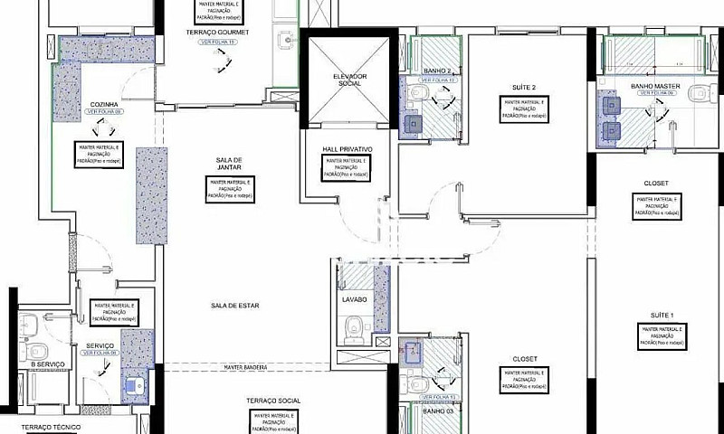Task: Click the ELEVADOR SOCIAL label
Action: tap(349, 80)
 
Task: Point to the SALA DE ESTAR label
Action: tap(235, 306)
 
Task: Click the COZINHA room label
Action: tap(104, 104)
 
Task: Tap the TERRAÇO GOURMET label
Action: tap(217, 32)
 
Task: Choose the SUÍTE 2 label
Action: tap(524, 87)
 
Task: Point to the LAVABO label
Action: tap(354, 298)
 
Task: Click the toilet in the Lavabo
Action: tap(354, 327)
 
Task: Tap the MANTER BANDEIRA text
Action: tap(244, 367)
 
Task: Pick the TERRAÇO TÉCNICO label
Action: tap(52, 426)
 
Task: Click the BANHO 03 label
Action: tap(437, 410)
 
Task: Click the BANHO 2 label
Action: tap(437, 71)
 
